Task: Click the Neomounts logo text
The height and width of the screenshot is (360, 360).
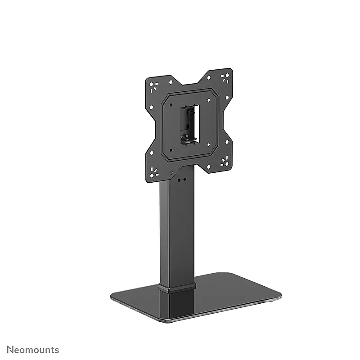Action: [33, 350]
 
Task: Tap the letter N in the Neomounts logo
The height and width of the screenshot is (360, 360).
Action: [9, 350]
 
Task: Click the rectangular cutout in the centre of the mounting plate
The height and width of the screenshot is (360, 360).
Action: [189, 126]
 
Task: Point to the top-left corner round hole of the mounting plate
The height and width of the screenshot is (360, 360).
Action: [152, 85]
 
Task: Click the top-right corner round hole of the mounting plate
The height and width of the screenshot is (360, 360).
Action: [227, 75]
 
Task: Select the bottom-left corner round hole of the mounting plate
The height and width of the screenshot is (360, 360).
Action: [152, 176]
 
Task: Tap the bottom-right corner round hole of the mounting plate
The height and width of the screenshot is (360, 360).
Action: [227, 164]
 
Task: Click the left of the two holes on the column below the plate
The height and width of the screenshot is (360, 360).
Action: [179, 180]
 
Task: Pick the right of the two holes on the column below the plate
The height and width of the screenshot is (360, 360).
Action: [184, 179]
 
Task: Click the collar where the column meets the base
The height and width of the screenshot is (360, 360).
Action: [177, 288]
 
